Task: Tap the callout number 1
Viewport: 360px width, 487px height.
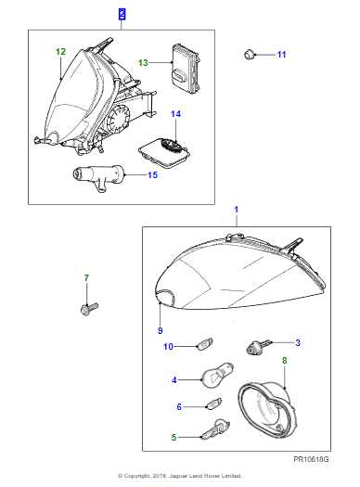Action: [x=235, y=211]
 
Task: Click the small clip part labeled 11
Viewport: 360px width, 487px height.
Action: [x=251, y=55]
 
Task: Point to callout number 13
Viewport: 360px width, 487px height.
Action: [x=143, y=62]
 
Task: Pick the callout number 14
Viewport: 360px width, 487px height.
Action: [x=175, y=114]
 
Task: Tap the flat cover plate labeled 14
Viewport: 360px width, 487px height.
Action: [x=160, y=149]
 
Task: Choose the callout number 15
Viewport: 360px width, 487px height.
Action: [x=154, y=173]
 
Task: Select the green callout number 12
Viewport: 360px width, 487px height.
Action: [x=61, y=52]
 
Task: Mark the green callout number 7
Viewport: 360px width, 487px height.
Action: [x=86, y=278]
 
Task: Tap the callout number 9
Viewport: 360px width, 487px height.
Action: [x=160, y=329]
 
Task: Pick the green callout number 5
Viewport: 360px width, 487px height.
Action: [x=174, y=436]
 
